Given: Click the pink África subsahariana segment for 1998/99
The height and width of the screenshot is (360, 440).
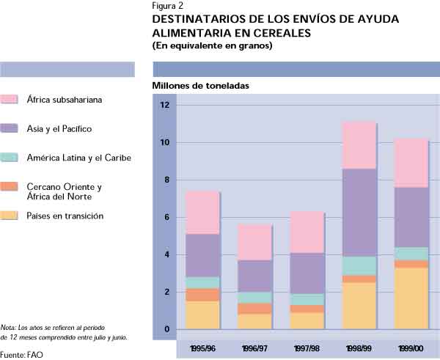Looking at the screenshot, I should (x=359, y=145).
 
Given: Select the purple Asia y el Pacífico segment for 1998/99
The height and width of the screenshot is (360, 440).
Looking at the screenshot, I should (x=359, y=213).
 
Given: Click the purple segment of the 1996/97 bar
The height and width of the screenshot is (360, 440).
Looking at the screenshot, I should (x=254, y=276).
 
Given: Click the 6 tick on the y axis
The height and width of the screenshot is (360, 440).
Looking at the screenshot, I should (x=166, y=218).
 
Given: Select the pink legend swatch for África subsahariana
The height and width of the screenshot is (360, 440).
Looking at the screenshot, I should (x=10, y=99).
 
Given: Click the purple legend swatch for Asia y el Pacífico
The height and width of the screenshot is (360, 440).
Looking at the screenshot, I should (x=10, y=128).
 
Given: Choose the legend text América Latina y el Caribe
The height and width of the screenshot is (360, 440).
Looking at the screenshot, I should (x=79, y=158).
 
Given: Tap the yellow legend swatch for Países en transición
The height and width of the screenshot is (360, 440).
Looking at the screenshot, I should (x=10, y=216).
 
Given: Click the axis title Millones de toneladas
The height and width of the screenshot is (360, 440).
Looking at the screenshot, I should (x=200, y=86).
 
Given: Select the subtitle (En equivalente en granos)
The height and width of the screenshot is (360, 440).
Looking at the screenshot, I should (x=212, y=46).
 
